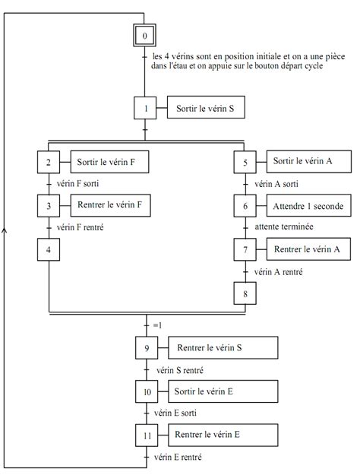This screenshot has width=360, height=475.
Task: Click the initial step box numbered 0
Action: (x=144, y=36)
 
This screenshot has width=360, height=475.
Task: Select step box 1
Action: (x=145, y=108)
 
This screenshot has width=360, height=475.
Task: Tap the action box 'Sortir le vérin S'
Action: (x=206, y=107)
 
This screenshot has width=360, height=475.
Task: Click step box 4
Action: (x=49, y=249)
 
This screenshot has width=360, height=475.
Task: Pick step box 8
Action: (x=245, y=293)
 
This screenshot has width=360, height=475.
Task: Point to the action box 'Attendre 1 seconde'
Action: (x=309, y=205)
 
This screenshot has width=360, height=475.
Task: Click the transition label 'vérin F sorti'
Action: (x=77, y=183)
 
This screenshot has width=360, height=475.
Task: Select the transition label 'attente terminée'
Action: (x=284, y=226)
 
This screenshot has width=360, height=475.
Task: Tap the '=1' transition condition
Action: (x=157, y=325)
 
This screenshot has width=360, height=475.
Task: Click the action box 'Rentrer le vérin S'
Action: (x=223, y=347)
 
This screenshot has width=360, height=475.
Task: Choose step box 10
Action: (x=147, y=391)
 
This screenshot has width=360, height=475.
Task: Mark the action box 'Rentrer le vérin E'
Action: (x=223, y=435)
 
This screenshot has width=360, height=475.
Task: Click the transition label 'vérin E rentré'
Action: (x=178, y=457)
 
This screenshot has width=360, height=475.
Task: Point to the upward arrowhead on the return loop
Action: (x=4, y=230)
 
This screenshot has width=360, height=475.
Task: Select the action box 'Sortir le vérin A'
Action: (x=309, y=161)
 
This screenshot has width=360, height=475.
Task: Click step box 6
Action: (x=245, y=206)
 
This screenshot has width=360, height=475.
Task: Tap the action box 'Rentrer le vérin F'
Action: (x=111, y=205)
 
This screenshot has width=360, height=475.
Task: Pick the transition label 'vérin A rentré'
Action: (x=279, y=272)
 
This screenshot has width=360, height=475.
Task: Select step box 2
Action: (x=49, y=162)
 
